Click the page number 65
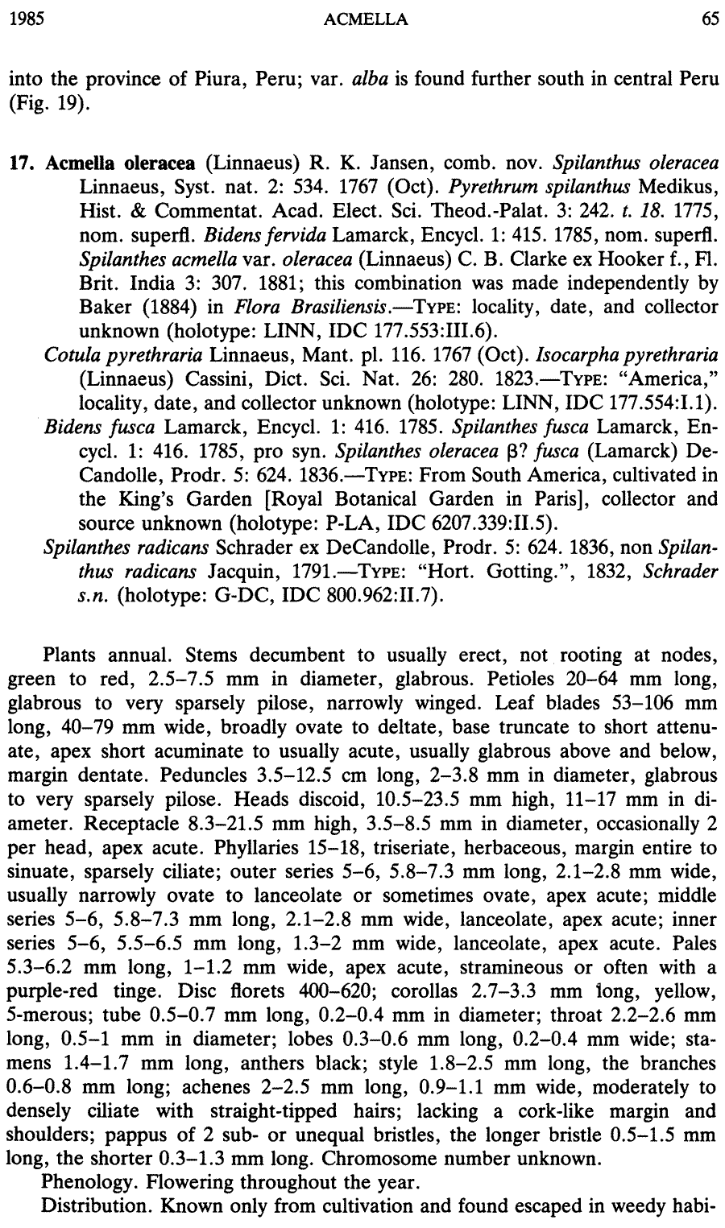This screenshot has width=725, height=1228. (710, 20)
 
